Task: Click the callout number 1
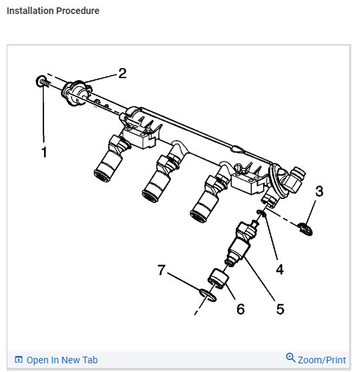click(44, 152)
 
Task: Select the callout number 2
click(122, 73)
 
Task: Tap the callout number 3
click(319, 192)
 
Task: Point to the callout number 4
click(280, 269)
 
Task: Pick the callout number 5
click(280, 309)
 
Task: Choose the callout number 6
click(240, 309)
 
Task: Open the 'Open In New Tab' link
click(61, 360)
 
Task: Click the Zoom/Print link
click(322, 360)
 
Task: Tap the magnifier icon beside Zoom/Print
click(290, 358)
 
